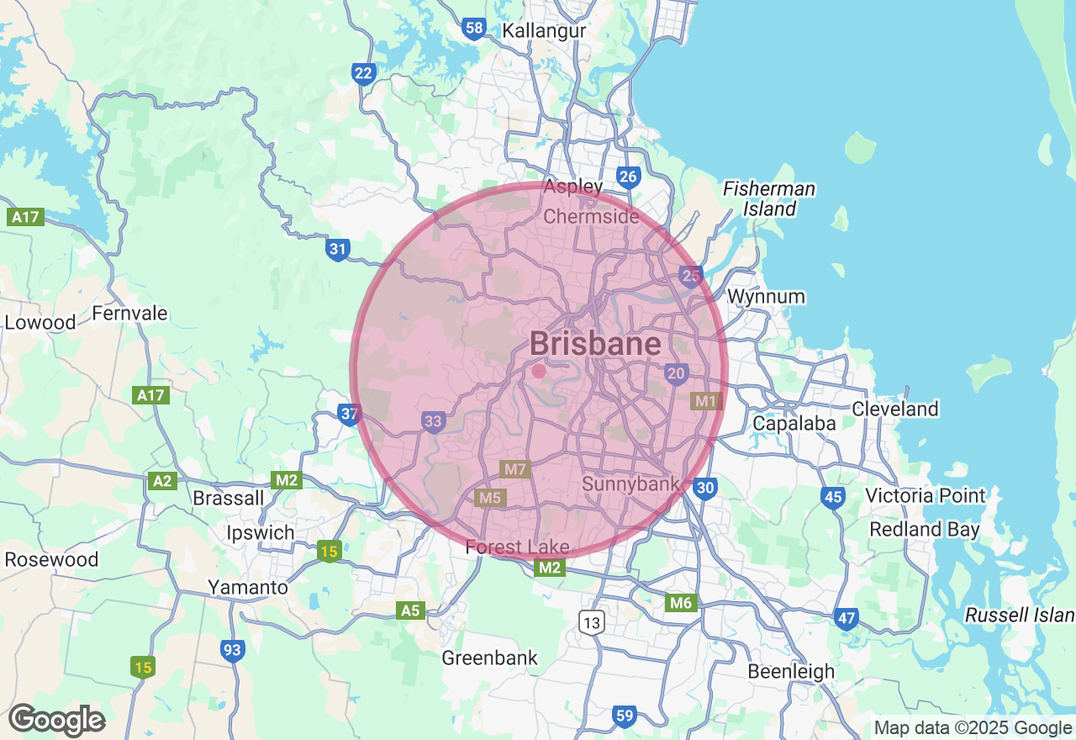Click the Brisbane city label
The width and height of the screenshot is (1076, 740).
pos(595,344)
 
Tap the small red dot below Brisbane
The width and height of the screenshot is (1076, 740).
pos(539,370)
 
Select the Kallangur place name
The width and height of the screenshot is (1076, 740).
pos(544,31)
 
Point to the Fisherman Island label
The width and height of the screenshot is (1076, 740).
pos(768,198)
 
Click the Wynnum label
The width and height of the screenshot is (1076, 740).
pos(766,297)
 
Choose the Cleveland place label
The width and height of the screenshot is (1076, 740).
pos(894,410)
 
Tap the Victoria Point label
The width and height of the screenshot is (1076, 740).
pos(925,495)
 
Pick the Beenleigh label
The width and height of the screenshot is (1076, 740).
pos(791,672)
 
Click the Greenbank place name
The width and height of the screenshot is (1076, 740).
pos(489,658)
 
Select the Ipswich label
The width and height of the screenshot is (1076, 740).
pos(261,533)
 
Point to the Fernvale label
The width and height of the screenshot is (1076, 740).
pos(129,314)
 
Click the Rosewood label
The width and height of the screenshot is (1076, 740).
pos(51,559)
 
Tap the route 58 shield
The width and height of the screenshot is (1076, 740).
pos(474,29)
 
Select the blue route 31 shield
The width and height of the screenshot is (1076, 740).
pos(338,249)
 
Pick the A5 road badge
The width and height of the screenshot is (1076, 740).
pos(410,610)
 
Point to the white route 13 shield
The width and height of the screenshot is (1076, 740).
pos(592,622)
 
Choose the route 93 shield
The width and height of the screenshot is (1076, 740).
pos(233,650)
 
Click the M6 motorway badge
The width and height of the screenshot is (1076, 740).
pos(680,602)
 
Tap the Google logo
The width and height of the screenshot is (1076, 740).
pos(56,721)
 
